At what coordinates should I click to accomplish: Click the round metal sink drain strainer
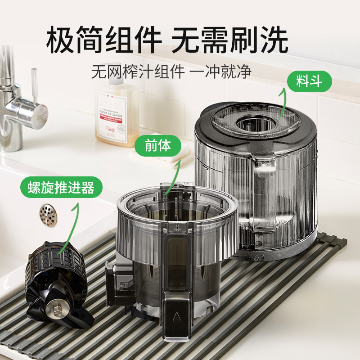(48, 215)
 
